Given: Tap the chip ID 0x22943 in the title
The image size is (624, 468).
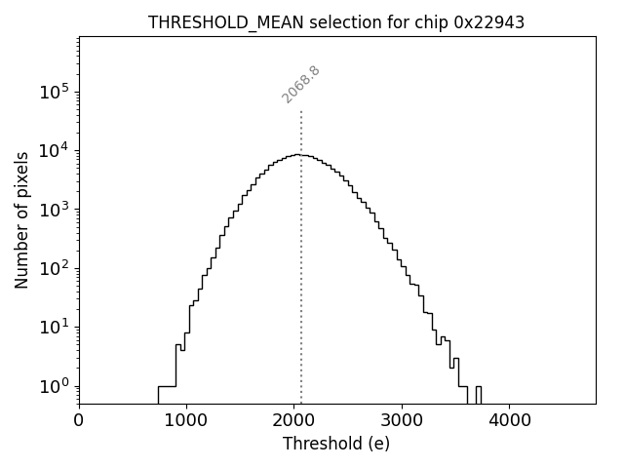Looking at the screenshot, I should (x=488, y=22).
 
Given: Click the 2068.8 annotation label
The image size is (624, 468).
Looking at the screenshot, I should (x=301, y=84).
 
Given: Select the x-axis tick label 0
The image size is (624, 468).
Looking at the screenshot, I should (x=79, y=420).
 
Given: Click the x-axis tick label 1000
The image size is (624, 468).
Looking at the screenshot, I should (x=186, y=420).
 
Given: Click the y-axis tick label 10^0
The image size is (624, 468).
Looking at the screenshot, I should (x=52, y=386).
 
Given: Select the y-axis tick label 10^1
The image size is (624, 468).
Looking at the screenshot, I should (x=52, y=327).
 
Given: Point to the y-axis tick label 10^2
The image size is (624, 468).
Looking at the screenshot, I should (x=52, y=268).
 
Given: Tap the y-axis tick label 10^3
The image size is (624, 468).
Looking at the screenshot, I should (x=52, y=209).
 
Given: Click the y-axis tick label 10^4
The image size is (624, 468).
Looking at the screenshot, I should (x=52, y=150).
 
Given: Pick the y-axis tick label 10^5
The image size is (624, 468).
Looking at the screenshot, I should (x=52, y=92).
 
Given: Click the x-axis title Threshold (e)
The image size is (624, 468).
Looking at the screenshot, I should (x=336, y=444).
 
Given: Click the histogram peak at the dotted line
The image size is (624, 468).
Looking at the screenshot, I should (x=300, y=155).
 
